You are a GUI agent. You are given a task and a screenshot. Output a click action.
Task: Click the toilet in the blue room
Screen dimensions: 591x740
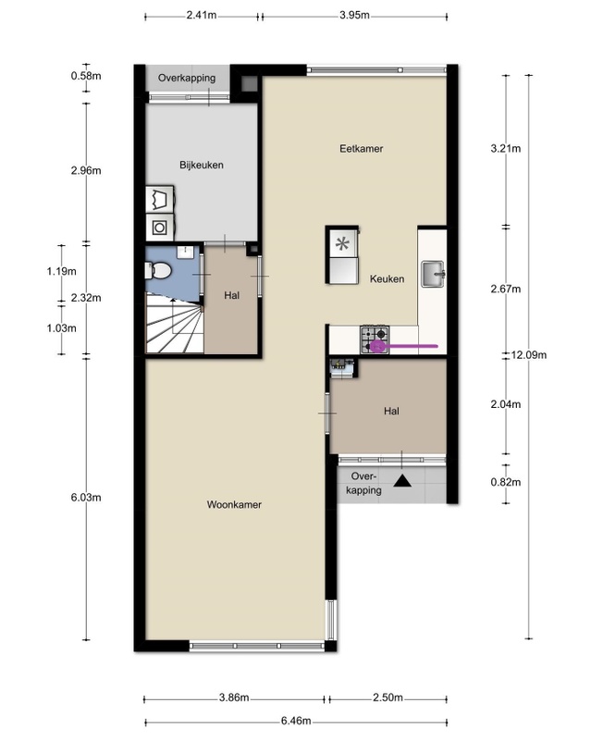click(x=158, y=271)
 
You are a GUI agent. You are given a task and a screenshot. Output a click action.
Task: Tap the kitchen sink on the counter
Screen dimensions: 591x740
click(x=433, y=274)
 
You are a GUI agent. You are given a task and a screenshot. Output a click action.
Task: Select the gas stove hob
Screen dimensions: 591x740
click(x=375, y=339)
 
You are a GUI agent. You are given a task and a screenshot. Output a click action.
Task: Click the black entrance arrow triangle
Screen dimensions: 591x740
click(x=402, y=480)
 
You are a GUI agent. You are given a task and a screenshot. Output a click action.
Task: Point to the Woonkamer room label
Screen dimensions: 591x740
click(x=234, y=504)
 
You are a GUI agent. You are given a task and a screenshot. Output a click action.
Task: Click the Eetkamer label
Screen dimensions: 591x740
click(x=361, y=149)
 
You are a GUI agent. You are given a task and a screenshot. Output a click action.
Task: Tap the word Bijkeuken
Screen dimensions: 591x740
click(x=202, y=165)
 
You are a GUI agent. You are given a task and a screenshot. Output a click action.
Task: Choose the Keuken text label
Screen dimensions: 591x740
click(x=388, y=278)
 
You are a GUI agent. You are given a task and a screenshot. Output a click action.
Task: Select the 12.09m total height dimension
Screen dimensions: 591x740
click(x=529, y=355)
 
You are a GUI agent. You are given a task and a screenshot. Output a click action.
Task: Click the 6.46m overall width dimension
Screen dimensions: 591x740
click(x=296, y=721)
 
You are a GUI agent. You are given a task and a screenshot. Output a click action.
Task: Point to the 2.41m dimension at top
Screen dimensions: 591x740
click(x=202, y=15)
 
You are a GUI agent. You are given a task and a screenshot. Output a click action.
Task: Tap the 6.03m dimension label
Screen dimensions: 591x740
click(x=86, y=498)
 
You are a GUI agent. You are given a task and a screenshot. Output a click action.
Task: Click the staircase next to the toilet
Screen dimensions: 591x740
click(x=175, y=323)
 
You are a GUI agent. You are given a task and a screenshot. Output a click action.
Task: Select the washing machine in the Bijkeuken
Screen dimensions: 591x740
click(x=160, y=228)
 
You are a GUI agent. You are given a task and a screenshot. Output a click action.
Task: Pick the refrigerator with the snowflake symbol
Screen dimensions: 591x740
click(x=342, y=255)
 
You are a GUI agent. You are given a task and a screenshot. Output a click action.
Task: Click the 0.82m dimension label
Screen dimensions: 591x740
click(x=506, y=482)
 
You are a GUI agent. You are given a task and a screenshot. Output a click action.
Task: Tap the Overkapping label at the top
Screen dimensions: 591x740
click(x=187, y=78)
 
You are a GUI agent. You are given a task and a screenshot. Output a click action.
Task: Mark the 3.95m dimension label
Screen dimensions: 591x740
click(x=354, y=15)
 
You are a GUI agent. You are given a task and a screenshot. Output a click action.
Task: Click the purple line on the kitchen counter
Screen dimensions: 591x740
click(x=404, y=346)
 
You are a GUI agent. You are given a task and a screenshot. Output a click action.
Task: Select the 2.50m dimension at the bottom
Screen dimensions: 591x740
click(x=388, y=697)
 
